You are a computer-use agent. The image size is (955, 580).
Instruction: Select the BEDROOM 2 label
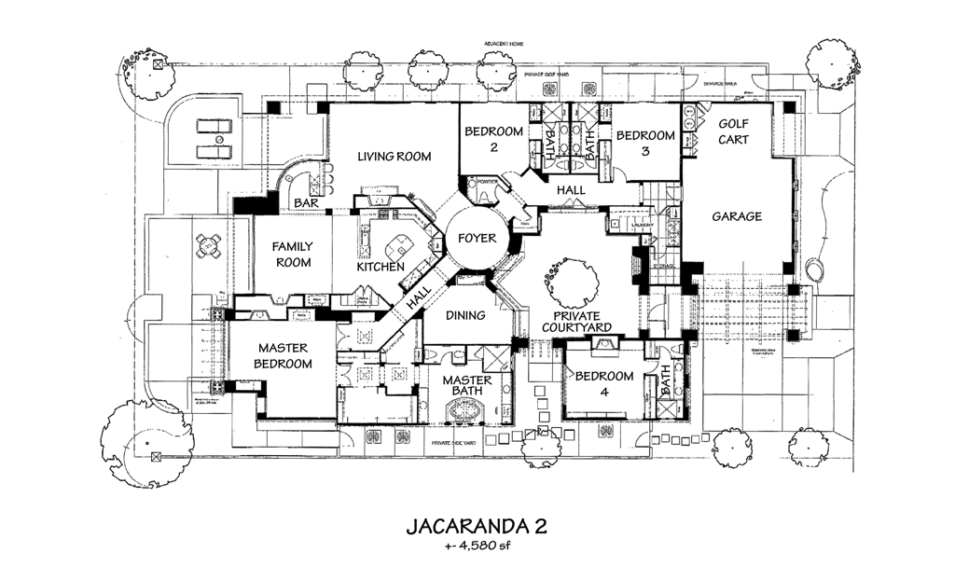[x=493, y=140]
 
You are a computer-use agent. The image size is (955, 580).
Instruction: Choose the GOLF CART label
[x=737, y=131]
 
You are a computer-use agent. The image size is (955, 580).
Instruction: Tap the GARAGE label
[x=737, y=216]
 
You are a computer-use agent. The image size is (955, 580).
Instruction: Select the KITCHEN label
[x=380, y=268]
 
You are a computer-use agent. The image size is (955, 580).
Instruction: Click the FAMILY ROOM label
[x=292, y=255]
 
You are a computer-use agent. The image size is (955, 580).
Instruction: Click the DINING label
[x=464, y=315]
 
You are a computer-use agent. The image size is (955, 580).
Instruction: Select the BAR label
[x=305, y=202]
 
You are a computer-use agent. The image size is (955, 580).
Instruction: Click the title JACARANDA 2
[x=476, y=526]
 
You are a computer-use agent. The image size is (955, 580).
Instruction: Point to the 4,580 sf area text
[x=477, y=546]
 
